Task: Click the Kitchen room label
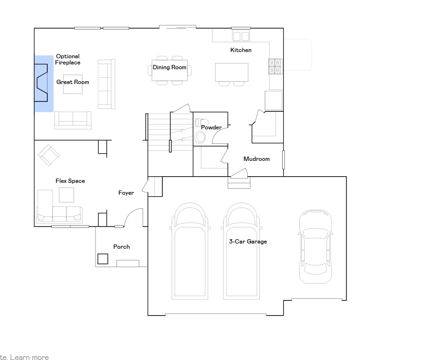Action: pyautogui.click(x=241, y=50)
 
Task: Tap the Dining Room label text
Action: pyautogui.click(x=170, y=67)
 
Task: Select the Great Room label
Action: pyautogui.click(x=73, y=82)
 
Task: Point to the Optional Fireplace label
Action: pyautogui.click(x=68, y=59)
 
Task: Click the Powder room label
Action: pyautogui.click(x=212, y=127)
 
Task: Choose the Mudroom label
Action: pyautogui.click(x=256, y=159)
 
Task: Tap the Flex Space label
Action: pyautogui.click(x=70, y=181)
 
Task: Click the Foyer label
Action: pyautogui.click(x=126, y=193)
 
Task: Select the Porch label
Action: pyautogui.click(x=121, y=247)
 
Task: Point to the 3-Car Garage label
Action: pyautogui.click(x=248, y=242)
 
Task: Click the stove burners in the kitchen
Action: pyautogui.click(x=275, y=66)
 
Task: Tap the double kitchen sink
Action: pyautogui.click(x=241, y=36)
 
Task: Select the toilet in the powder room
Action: pyautogui.click(x=202, y=122)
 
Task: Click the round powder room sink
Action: pyautogui.click(x=200, y=138)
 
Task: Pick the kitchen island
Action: pyautogui.click(x=232, y=72)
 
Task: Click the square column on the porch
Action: pyautogui.click(x=103, y=259)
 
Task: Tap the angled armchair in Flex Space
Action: pyautogui.click(x=49, y=155)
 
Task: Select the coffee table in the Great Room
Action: pyautogui.click(x=73, y=84)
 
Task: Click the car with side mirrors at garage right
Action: pyautogui.click(x=316, y=246)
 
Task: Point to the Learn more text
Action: pyautogui.click(x=30, y=357)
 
